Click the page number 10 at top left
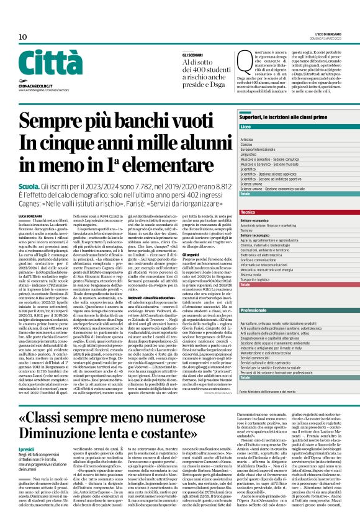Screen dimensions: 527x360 point(22,37)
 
